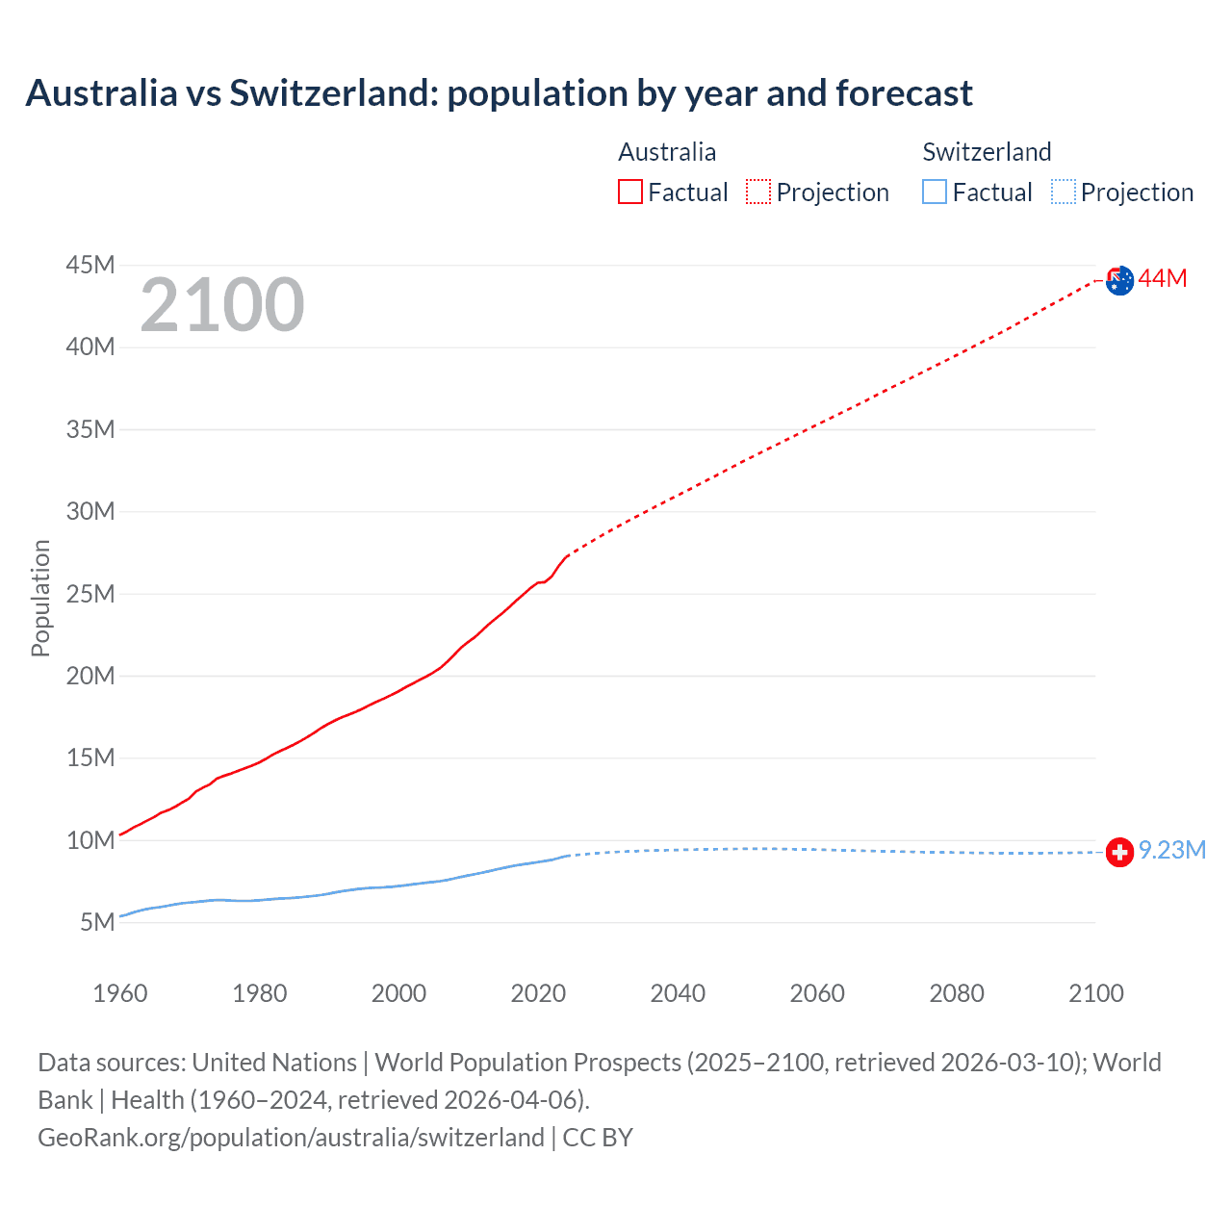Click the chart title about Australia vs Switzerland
499,93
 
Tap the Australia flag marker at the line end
1119,281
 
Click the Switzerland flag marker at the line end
1119,852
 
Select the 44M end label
1163,279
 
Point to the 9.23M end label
1172,850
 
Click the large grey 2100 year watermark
222,305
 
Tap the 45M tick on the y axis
90,265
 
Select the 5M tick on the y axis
97,922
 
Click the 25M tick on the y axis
90,594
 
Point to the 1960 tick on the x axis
120,993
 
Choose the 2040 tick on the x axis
678,993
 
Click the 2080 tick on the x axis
957,993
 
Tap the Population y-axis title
40,598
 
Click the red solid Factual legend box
630,192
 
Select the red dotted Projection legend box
758,192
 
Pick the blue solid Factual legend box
935,192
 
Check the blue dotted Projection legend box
1064,192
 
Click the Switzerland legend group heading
987,152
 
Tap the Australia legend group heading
667,152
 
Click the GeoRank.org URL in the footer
291,1138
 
